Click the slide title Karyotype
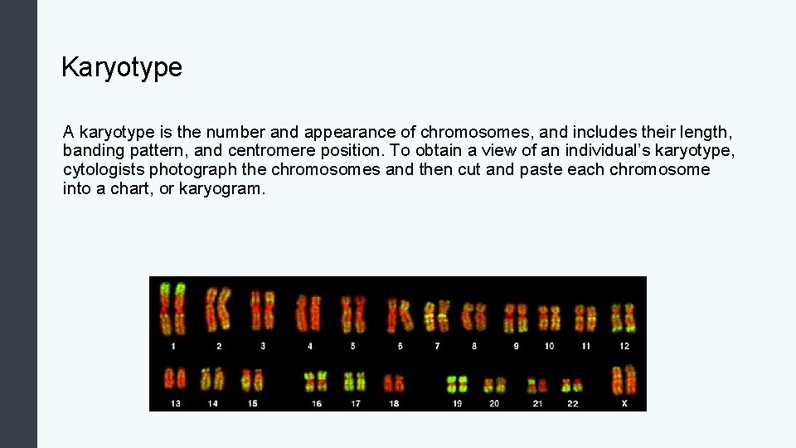coord(122,67)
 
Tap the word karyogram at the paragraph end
coord(222,189)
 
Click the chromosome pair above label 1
coord(172,309)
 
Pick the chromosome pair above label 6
coord(400,315)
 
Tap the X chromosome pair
coord(624,380)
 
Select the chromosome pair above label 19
coord(457,383)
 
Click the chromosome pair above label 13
coord(174,379)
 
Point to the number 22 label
coord(572,404)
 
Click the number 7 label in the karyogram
coord(437,346)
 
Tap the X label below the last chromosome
coord(624,404)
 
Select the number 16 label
coord(317,404)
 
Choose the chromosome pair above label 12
coord(624,318)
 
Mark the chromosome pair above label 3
coord(263,309)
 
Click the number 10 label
coord(549,346)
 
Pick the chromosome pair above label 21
coord(537,386)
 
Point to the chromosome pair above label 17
coord(355,381)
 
